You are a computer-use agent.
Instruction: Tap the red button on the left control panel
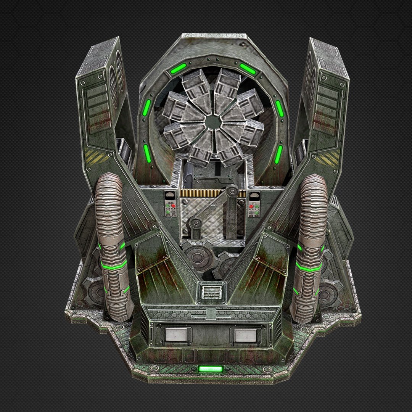tap(173, 206)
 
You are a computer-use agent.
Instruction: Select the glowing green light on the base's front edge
tap(210, 369)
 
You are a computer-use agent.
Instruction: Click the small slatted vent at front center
tap(211, 292)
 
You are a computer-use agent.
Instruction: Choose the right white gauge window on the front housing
tap(246, 335)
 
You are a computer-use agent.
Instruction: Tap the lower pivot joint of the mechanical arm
tap(195, 223)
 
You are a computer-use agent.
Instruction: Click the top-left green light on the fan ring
tap(178, 69)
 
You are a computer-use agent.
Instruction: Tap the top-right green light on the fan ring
tap(248, 69)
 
